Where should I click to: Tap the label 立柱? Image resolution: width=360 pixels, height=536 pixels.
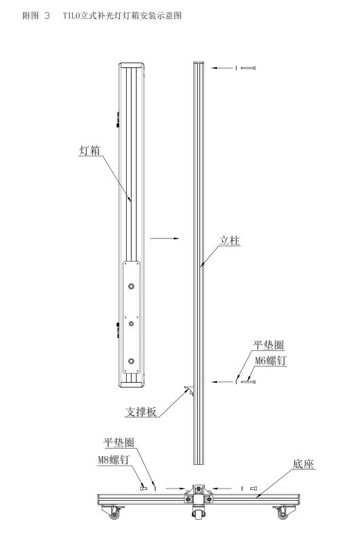[231, 241]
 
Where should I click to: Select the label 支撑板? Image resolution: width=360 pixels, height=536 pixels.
[140, 411]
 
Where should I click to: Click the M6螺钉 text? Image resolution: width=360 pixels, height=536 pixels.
[271, 361]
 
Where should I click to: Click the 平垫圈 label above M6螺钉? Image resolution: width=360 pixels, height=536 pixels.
[266, 345]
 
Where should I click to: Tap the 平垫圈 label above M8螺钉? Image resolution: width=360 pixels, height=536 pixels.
[118, 443]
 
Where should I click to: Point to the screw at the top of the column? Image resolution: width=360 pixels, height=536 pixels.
[247, 68]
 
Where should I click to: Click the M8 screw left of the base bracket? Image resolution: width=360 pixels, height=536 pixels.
[143, 487]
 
